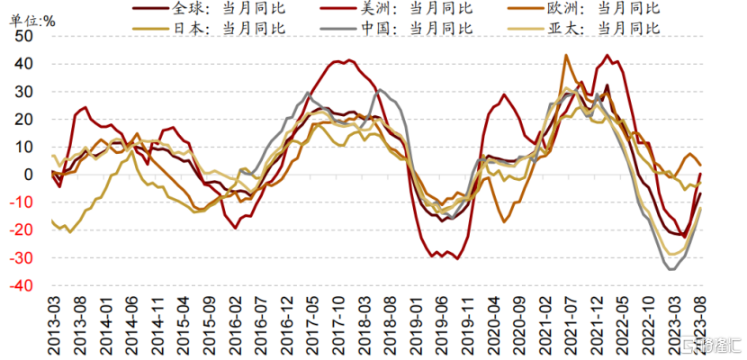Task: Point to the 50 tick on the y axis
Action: (x=24, y=36)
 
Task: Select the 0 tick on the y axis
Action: (x=29, y=175)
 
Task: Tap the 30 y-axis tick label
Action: (x=24, y=92)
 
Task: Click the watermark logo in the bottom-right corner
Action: (x=711, y=346)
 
